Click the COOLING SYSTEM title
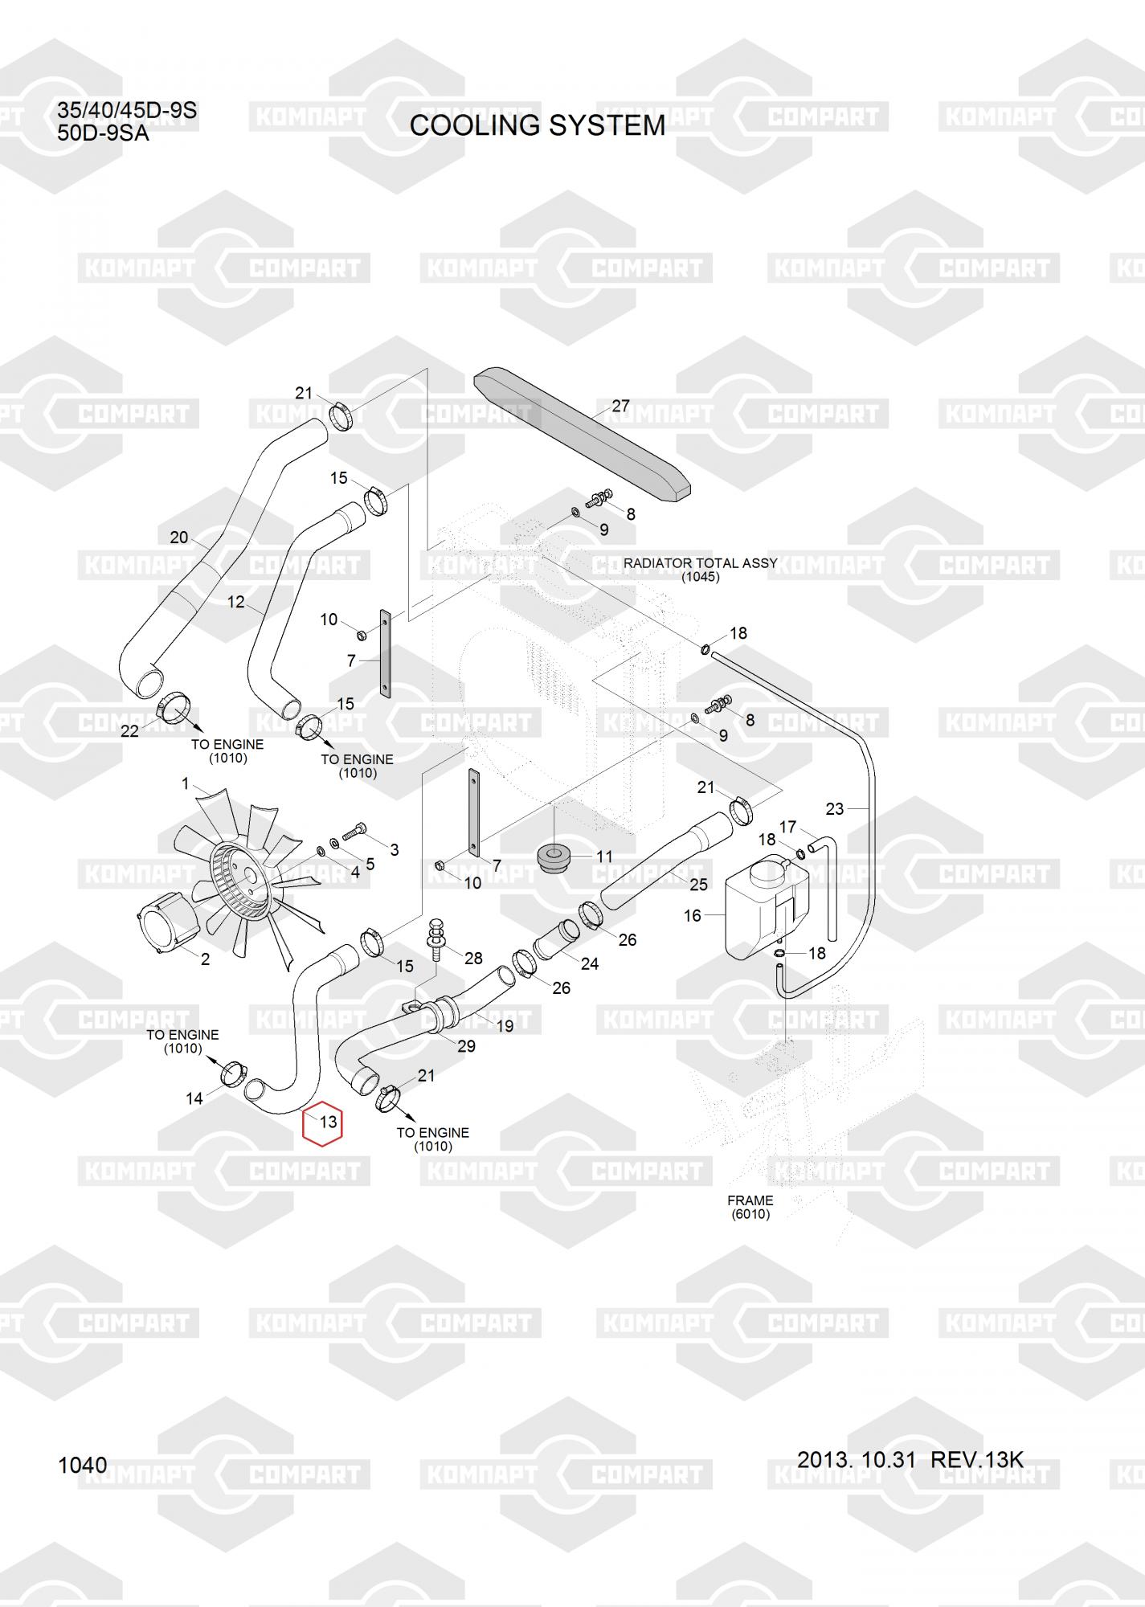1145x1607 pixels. click(x=537, y=125)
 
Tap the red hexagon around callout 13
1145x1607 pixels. click(x=322, y=1122)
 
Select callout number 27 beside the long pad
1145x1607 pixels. click(x=621, y=407)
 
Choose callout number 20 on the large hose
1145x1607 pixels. click(x=178, y=538)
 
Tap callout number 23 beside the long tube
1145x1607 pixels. click(x=835, y=808)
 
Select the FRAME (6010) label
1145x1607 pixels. click(x=750, y=1207)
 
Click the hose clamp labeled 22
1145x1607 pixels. click(x=174, y=709)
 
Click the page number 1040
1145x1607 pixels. click(x=82, y=1466)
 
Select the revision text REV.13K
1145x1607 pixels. click(x=976, y=1459)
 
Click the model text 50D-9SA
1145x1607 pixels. click(x=103, y=133)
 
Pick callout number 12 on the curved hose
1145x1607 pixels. click(x=236, y=602)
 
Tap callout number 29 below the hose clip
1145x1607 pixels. click(x=466, y=1046)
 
